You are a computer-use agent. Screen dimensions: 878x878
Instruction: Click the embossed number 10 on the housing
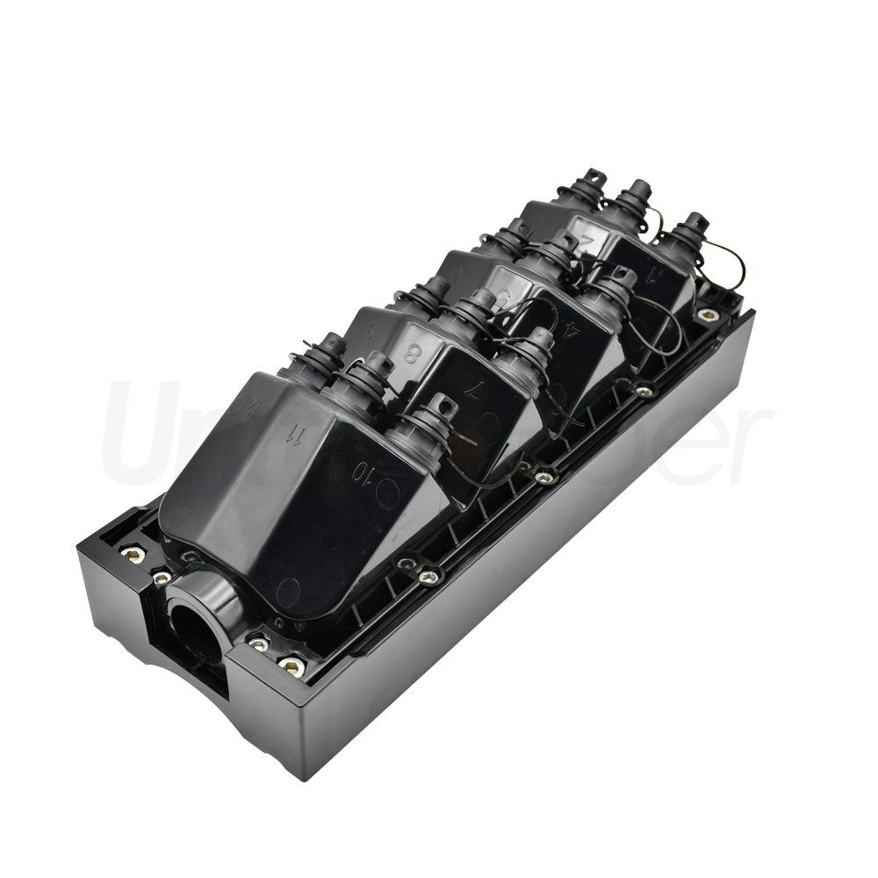tap(362, 471)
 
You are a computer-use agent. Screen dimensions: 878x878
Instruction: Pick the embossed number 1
tap(650, 275)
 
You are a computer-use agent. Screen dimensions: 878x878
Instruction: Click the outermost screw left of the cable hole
tap(133, 553)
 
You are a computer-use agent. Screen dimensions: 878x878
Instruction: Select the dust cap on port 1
tap(694, 224)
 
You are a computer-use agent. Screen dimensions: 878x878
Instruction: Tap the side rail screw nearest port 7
tap(544, 476)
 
